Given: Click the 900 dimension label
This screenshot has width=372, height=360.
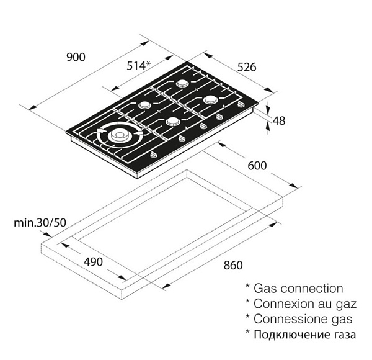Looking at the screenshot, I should [75, 58].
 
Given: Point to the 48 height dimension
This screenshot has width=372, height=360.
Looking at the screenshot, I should [278, 120].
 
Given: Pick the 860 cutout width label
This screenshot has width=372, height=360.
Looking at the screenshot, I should [232, 265].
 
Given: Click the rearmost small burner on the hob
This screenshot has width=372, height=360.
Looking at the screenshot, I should [183, 83].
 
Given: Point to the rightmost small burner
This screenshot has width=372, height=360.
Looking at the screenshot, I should [210, 99].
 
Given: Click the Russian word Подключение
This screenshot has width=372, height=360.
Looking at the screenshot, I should [289, 335].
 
